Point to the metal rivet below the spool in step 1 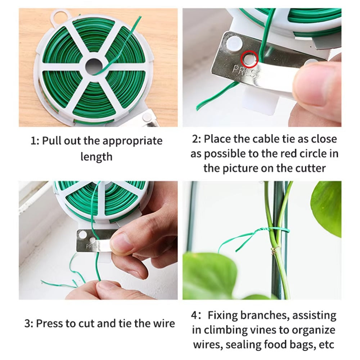tap(147, 117)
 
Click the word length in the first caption tap(96, 157)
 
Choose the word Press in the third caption tap(52, 323)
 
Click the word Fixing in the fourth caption tap(228, 316)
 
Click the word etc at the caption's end tap(325, 345)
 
